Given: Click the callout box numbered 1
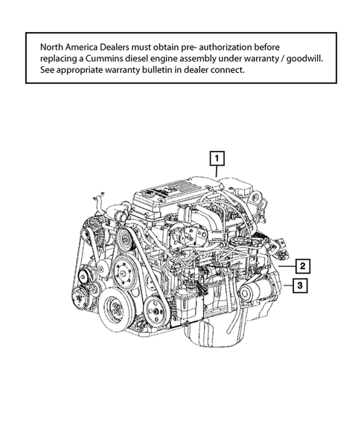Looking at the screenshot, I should click(217, 158).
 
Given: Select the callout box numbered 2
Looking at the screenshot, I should click(301, 265).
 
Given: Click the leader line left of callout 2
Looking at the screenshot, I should click(286, 265).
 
